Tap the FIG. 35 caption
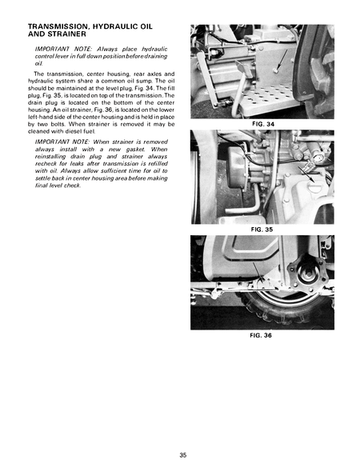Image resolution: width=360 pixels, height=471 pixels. (x=262, y=228)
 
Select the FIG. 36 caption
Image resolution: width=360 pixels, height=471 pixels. (x=262, y=335)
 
